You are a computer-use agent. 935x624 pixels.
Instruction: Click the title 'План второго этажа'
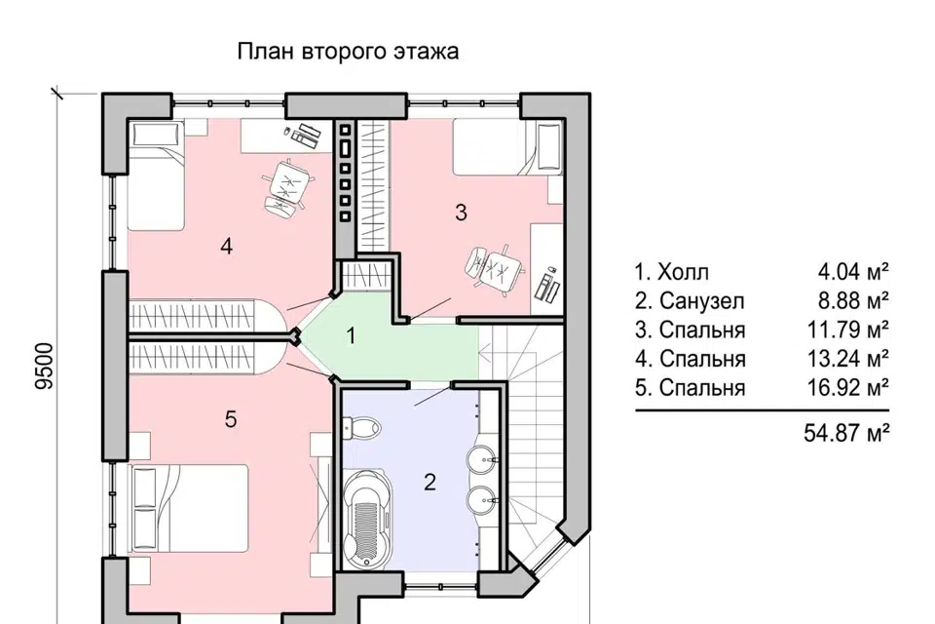(348, 52)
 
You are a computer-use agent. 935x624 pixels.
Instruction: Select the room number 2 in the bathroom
(429, 481)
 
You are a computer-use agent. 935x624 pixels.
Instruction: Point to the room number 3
(462, 212)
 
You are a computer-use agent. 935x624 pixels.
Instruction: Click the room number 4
(226, 247)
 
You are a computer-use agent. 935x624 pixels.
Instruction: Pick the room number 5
(230, 419)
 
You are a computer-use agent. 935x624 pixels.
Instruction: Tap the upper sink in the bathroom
(482, 456)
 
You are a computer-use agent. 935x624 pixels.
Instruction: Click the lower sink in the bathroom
(482, 500)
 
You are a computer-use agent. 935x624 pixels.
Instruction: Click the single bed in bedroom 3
(506, 147)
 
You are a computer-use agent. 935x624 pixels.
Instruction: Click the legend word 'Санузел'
(700, 300)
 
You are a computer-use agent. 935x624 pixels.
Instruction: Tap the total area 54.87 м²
(845, 432)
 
